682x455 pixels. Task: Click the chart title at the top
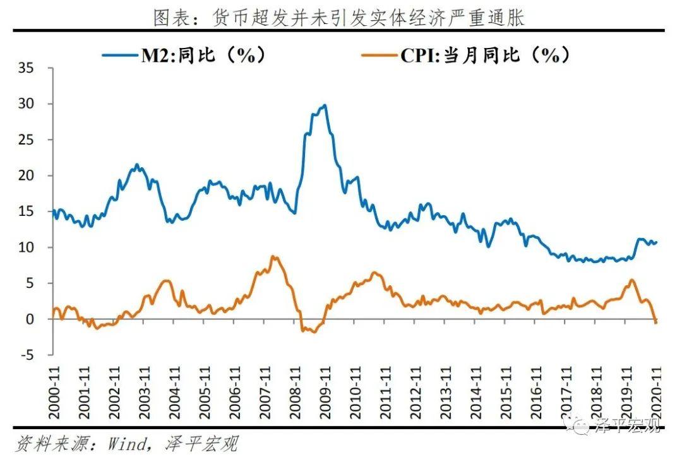pos(340,17)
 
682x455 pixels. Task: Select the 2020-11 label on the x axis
pos(657,393)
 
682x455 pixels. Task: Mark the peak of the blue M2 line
pos(325,105)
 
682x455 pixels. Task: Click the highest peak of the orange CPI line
pos(272,256)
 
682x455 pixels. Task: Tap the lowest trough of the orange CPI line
pos(314,332)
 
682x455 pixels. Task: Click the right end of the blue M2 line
pos(657,242)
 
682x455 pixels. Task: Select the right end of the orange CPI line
pos(657,322)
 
